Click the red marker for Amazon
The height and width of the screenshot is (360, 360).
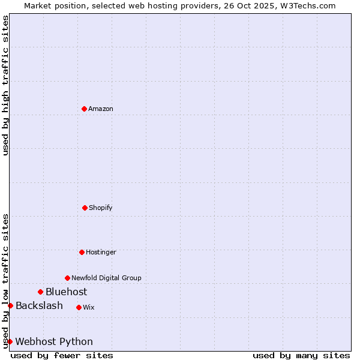pyautogui.click(x=84, y=109)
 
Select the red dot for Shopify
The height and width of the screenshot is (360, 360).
pyautogui.click(x=85, y=208)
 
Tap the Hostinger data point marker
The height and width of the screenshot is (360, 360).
pyautogui.click(x=82, y=252)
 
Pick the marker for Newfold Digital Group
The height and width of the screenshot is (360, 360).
pyautogui.click(x=67, y=278)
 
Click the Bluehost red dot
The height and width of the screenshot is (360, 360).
pyautogui.click(x=40, y=292)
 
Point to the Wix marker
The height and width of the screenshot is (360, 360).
pyautogui.click(x=79, y=307)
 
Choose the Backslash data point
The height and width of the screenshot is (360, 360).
pyautogui.click(x=10, y=305)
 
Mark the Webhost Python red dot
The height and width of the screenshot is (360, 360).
pyautogui.click(x=10, y=341)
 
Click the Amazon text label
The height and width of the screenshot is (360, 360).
pyautogui.click(x=101, y=109)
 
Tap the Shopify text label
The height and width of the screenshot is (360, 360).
pyautogui.click(x=101, y=208)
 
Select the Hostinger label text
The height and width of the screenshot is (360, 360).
pyautogui.click(x=101, y=252)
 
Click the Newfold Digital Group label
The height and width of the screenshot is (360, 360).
pyautogui.click(x=106, y=278)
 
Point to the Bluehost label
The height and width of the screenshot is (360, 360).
pyautogui.click(x=66, y=292)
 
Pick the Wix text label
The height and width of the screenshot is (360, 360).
pyautogui.click(x=89, y=307)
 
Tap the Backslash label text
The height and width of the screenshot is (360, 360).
pyautogui.click(x=39, y=305)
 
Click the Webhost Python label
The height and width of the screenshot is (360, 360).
pyautogui.click(x=54, y=341)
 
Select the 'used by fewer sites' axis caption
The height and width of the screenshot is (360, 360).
pyautogui.click(x=62, y=355)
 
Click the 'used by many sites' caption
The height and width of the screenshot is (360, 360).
pyautogui.click(x=301, y=355)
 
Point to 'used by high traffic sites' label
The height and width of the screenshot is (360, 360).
pyautogui.click(x=5, y=85)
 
